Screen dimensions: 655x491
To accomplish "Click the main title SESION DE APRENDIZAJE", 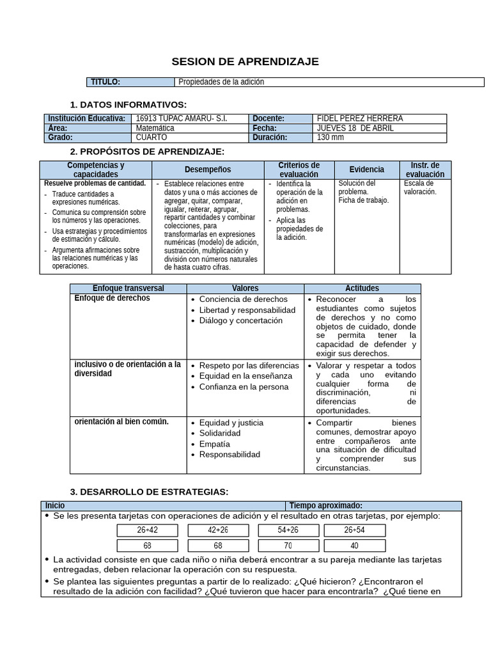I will pos(245,61).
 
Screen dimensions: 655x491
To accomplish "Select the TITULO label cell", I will pos(130,82).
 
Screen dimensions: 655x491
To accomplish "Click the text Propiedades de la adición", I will pos(221,82).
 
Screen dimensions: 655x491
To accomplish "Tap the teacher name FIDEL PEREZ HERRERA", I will pos(360,118).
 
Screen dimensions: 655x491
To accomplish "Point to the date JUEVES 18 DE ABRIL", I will pos(355,128).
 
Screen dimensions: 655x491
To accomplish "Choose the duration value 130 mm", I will pos(331,137).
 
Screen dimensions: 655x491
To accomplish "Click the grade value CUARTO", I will pos(152,137).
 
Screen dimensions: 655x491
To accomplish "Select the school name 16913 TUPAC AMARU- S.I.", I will pos(182,118).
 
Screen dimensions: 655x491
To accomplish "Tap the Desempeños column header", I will pos(208,170).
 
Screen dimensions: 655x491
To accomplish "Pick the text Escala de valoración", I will pos(420,187).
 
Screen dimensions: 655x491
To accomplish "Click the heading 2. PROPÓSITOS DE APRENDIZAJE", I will pos(147,151).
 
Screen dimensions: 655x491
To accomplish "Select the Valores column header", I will pos(245,288).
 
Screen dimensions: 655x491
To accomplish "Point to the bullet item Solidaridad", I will pos(220,433).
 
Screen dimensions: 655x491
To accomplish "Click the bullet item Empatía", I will pos(214,444).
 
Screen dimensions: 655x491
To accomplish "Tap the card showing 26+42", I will pos(148,530).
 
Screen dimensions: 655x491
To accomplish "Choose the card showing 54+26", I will pos(288,530).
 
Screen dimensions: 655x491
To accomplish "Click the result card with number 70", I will pos(288,546).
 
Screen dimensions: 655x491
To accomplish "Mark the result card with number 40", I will pos(355,546).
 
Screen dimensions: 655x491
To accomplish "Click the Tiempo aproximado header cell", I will pos(325,505).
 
